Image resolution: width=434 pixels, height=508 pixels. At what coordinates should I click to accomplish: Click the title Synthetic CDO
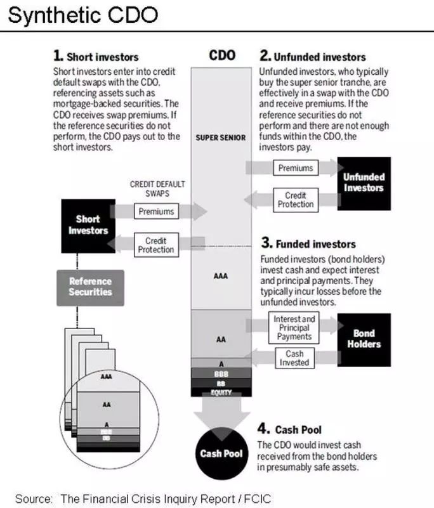pyautogui.click(x=82, y=15)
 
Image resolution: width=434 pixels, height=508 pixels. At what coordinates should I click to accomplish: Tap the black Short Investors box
pyautogui.click(x=88, y=225)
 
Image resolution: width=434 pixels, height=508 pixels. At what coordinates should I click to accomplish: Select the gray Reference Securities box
pyautogui.click(x=90, y=287)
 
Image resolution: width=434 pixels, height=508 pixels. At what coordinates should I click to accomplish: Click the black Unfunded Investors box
pyautogui.click(x=364, y=183)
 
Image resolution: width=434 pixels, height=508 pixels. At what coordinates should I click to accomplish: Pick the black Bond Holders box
pyautogui.click(x=364, y=339)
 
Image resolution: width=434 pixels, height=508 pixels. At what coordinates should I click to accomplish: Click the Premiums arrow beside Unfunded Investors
pyautogui.click(x=296, y=168)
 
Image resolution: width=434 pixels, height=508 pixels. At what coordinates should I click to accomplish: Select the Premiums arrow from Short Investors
pyautogui.click(x=155, y=211)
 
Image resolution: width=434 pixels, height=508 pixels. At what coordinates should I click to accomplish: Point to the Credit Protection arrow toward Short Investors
pyautogui.click(x=155, y=245)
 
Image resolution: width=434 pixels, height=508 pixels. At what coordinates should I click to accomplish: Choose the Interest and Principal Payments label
pyautogui.click(x=294, y=328)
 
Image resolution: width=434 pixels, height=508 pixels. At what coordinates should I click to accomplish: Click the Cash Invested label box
pyautogui.click(x=294, y=358)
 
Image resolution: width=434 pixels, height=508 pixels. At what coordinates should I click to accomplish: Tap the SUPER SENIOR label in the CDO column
pyautogui.click(x=220, y=138)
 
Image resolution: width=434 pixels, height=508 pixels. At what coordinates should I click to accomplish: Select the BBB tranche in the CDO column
pyautogui.click(x=220, y=375)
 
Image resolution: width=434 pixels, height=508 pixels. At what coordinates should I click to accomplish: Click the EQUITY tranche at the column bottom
pyautogui.click(x=220, y=393)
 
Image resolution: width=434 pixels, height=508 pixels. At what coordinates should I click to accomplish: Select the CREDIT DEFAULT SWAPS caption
pyautogui.click(x=157, y=188)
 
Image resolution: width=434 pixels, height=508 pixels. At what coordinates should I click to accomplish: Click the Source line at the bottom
pyautogui.click(x=143, y=498)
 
